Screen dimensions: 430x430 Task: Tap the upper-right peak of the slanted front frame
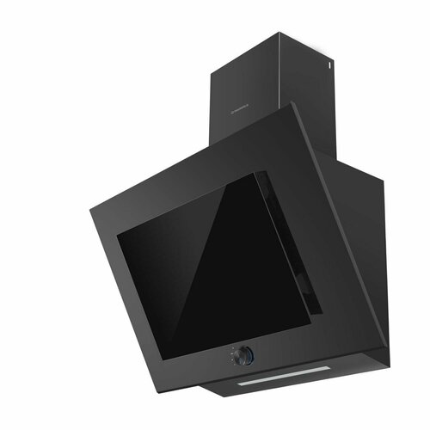pos(293,104)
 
